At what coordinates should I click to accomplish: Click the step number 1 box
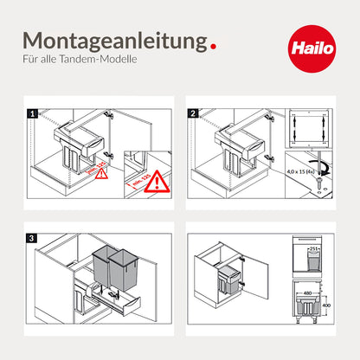pos(32,112)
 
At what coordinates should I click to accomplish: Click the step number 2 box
pos(193,112)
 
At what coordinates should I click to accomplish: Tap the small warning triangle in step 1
pos(101,171)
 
